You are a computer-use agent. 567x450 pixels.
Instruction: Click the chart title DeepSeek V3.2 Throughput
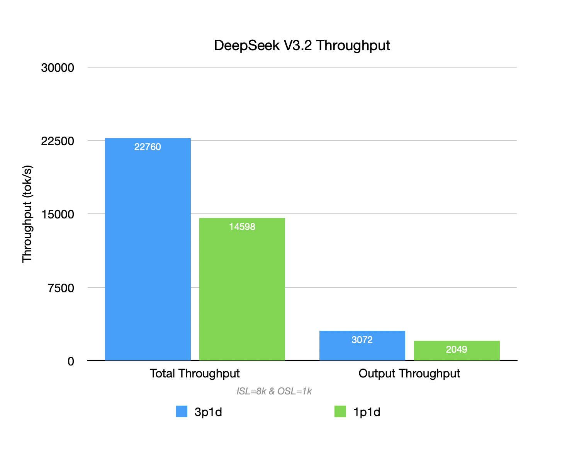point(302,46)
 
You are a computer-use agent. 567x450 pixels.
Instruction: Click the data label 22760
point(148,147)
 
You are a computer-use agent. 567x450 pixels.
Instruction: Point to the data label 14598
point(242,227)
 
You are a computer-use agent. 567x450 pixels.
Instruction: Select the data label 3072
point(362,340)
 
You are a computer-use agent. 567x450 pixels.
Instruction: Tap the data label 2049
point(457,350)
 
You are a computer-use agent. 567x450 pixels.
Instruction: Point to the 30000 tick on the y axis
point(58,68)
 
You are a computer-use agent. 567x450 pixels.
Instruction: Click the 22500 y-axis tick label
point(58,141)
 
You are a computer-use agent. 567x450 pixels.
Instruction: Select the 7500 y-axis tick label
point(61,288)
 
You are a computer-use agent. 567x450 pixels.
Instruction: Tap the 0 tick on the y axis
point(71,362)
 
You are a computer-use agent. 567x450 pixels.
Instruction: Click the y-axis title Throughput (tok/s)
point(27,214)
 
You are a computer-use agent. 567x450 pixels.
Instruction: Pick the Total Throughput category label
point(195,374)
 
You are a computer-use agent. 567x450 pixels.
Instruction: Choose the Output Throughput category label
point(409,374)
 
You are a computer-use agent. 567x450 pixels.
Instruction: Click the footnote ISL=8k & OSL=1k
point(274,391)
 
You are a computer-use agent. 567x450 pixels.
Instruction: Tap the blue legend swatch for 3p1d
point(182,412)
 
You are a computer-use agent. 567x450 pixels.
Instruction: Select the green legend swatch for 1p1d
point(340,412)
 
